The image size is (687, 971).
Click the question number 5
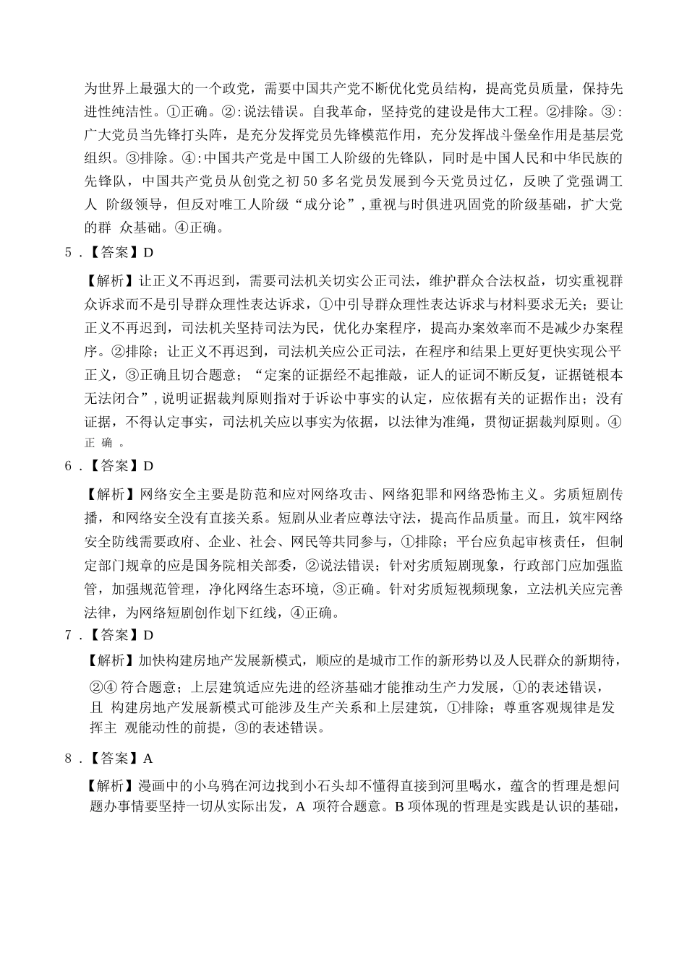(69, 253)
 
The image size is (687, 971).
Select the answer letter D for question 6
(149, 466)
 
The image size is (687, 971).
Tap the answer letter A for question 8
(149, 758)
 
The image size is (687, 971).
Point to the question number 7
(69, 635)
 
